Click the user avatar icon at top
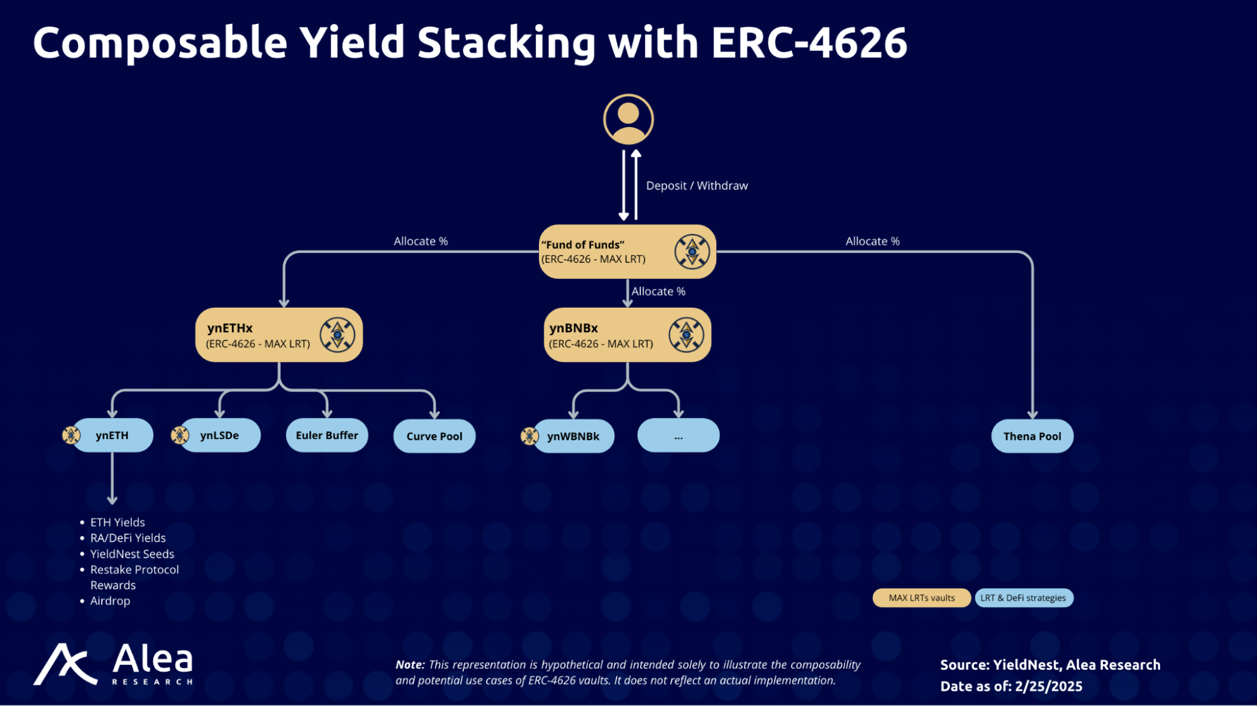pos(628,120)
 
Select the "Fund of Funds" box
pos(627,252)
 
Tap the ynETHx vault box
pos(279,335)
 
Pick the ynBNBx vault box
pos(627,335)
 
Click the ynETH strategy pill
pos(112,435)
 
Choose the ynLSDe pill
pos(219,435)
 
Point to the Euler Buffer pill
pos(327,435)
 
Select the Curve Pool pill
pos(434,436)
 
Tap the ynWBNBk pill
pos(573,436)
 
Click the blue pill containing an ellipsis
pos(678,436)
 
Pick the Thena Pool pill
pos(1032,436)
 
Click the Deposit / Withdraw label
pos(697,186)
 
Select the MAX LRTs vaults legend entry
pos(921,598)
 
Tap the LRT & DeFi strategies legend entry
pos(1023,598)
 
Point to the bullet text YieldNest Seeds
pos(132,554)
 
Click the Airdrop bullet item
pos(110,601)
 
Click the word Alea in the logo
pos(153,659)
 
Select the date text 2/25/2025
pos(1048,686)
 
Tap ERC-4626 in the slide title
pos(809,43)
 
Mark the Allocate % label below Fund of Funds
pos(658,291)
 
